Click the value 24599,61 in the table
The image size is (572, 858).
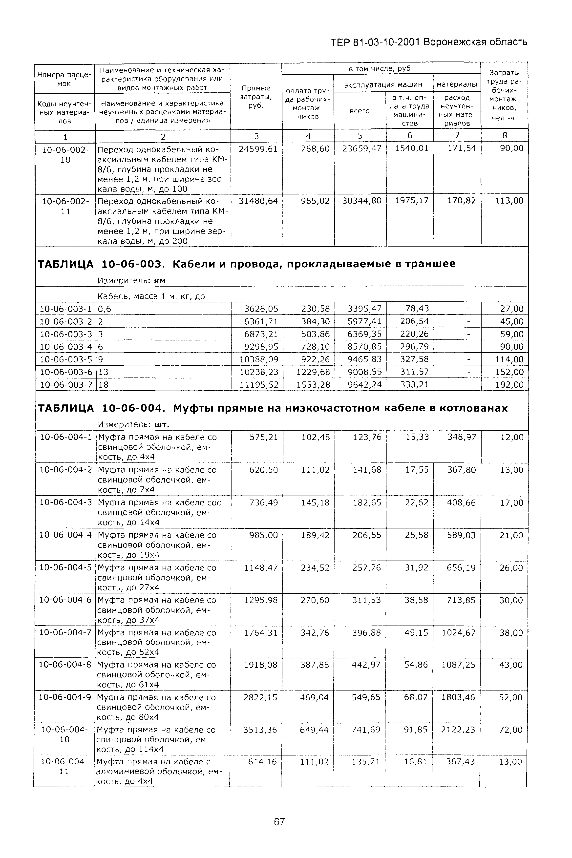click(x=258, y=149)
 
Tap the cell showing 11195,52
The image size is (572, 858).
click(x=259, y=385)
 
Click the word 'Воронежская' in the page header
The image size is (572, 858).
click(x=455, y=42)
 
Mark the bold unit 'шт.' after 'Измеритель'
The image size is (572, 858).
click(x=162, y=425)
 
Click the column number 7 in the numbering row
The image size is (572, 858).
click(x=457, y=135)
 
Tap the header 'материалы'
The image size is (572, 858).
click(x=457, y=84)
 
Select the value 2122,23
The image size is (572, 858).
click(x=458, y=730)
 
